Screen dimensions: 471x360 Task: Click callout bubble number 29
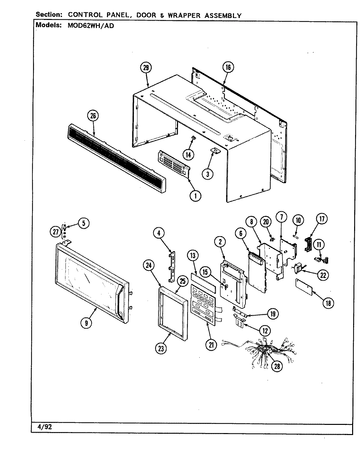pyautogui.click(x=146, y=68)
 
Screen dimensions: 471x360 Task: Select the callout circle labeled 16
pyautogui.click(x=228, y=67)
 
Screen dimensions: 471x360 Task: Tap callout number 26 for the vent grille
pyautogui.click(x=93, y=115)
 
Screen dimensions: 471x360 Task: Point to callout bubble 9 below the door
pyautogui.click(x=86, y=323)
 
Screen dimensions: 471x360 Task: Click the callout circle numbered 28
pyautogui.click(x=277, y=366)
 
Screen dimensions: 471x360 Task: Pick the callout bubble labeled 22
pyautogui.click(x=323, y=275)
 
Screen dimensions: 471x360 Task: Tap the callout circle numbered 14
pyautogui.click(x=189, y=154)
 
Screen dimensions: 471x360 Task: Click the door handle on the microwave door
pyautogui.click(x=120, y=302)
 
